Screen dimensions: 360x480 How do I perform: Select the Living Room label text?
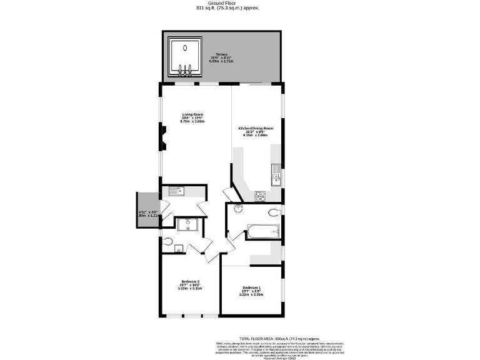coord(192,114)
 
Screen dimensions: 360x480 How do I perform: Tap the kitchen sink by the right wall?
coord(275,179)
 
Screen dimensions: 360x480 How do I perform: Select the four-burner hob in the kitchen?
coord(261,196)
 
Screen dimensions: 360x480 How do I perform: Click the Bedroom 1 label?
coord(252,287)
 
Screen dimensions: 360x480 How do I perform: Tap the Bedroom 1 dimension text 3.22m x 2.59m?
coord(252,295)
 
